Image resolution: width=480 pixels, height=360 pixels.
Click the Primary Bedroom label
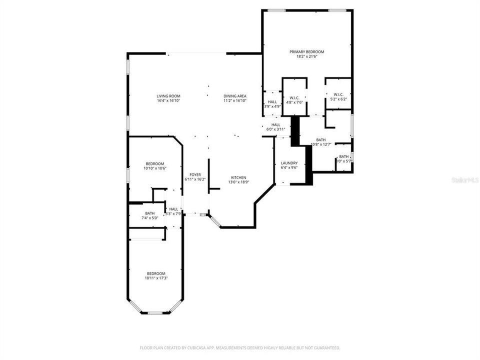coord(307,51)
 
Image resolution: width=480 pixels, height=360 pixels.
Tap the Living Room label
coord(168,96)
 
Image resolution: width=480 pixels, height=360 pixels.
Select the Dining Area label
coord(235,96)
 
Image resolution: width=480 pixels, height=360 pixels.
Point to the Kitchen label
coord(238,177)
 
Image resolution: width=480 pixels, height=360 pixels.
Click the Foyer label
coord(194,174)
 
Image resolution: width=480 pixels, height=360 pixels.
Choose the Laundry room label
coord(289,163)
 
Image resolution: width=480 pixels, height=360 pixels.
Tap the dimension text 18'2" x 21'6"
coord(307,56)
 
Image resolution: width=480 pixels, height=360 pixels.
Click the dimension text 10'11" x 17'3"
coord(156,278)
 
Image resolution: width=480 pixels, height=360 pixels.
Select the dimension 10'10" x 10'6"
coord(155,168)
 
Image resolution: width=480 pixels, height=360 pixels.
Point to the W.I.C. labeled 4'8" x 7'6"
coord(294,98)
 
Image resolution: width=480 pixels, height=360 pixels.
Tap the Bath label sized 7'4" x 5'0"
coord(136,213)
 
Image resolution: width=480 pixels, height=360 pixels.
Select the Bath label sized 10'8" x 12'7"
coord(320,140)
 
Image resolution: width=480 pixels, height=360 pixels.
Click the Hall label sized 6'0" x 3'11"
coord(275,124)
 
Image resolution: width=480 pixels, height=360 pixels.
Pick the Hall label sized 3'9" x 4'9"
coord(272,101)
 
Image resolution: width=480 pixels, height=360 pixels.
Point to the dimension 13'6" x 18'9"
coord(238,182)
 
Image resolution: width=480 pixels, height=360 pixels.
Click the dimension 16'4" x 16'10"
coord(168,100)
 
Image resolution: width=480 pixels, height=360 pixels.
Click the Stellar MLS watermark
coord(465,178)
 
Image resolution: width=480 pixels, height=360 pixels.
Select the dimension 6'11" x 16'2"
coord(194,179)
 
